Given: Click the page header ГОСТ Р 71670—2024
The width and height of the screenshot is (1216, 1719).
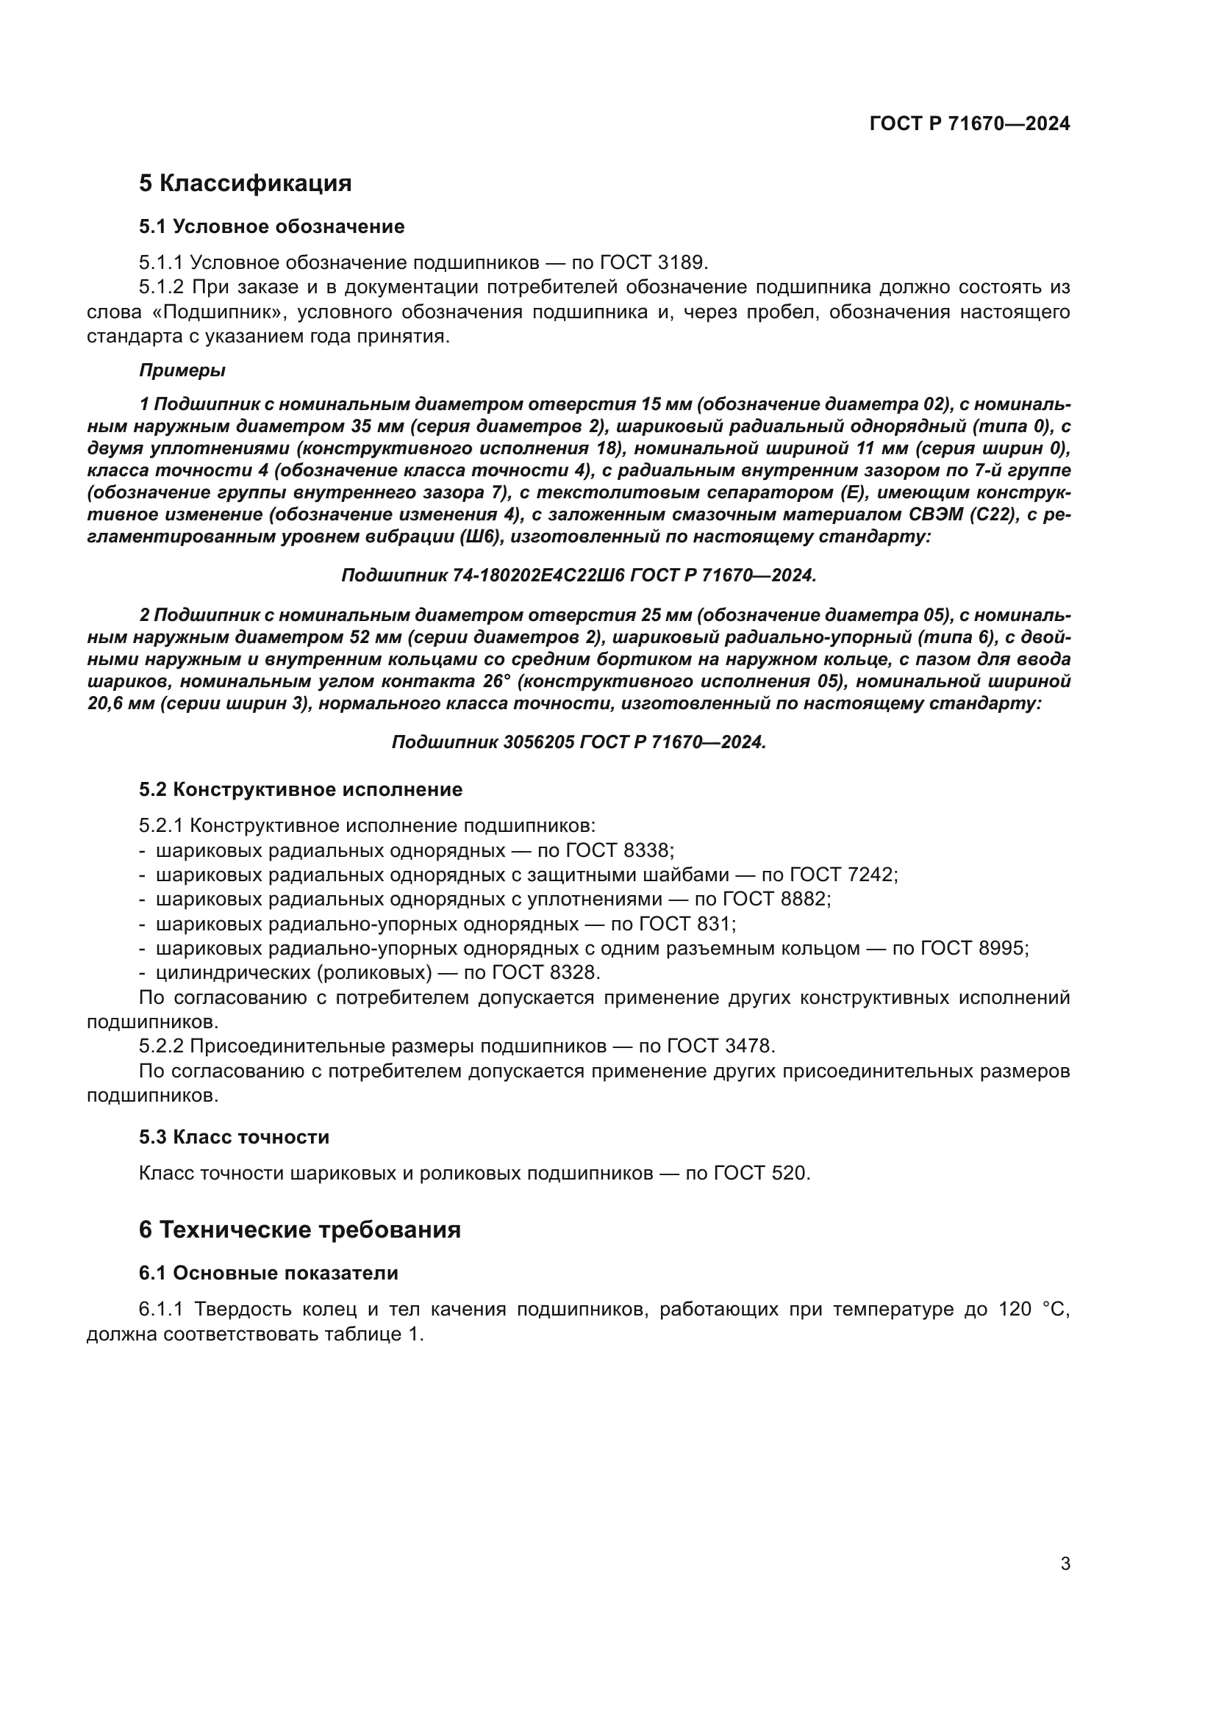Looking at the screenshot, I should pos(970,123).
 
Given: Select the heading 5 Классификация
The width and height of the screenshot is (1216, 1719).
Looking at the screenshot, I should pos(245,183).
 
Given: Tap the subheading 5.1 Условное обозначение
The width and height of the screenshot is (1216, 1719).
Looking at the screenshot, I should pos(271,226).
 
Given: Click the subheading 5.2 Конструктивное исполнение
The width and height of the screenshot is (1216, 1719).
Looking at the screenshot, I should pos(300,789).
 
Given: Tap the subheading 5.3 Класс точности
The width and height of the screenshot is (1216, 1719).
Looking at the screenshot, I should pos(234,1136).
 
